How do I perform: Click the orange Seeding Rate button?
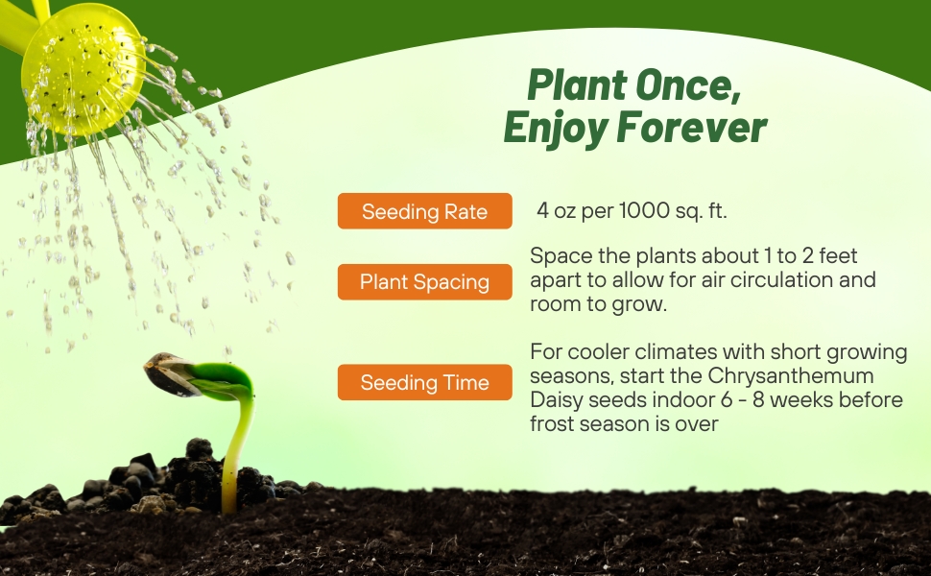(x=424, y=211)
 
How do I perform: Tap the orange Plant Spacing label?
(x=424, y=282)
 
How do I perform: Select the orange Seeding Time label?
(x=424, y=383)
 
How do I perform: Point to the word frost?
(x=555, y=423)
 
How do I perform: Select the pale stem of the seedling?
(x=234, y=451)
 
